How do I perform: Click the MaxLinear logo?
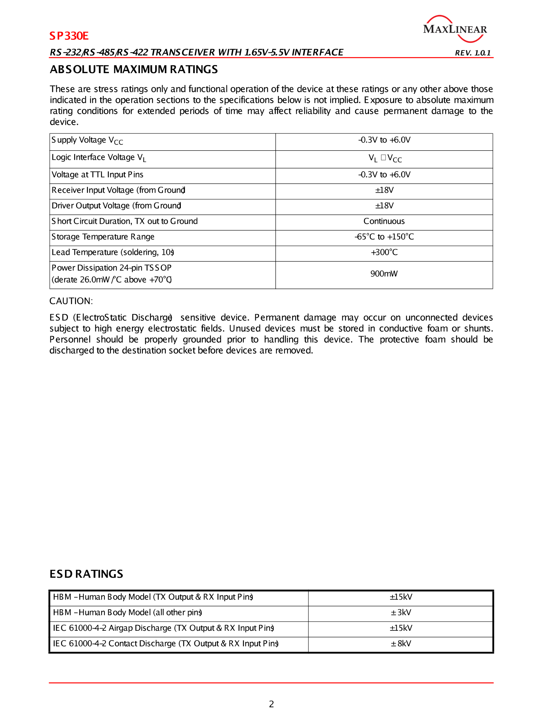tap(455, 29)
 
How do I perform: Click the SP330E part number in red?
tap(69, 36)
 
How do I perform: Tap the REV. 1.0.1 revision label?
tap(473, 53)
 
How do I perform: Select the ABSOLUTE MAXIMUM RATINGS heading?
tap(134, 69)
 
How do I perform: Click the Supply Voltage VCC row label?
tap(87, 140)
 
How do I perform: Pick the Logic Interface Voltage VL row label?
tap(99, 158)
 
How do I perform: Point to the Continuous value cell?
tap(384, 221)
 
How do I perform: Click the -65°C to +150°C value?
tap(384, 237)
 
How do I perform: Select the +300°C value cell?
tap(384, 252)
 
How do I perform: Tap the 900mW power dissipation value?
tap(384, 274)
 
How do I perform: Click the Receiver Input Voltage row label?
tap(118, 190)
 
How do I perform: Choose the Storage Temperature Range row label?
tap(103, 237)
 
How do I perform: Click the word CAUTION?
tap(71, 301)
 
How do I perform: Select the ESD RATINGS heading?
tap(87, 574)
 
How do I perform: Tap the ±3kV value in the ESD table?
tap(401, 612)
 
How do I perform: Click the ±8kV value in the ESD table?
tap(401, 644)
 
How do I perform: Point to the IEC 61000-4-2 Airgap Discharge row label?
tap(163, 628)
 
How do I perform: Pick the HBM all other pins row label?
tap(128, 612)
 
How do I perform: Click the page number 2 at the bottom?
tap(271, 704)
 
